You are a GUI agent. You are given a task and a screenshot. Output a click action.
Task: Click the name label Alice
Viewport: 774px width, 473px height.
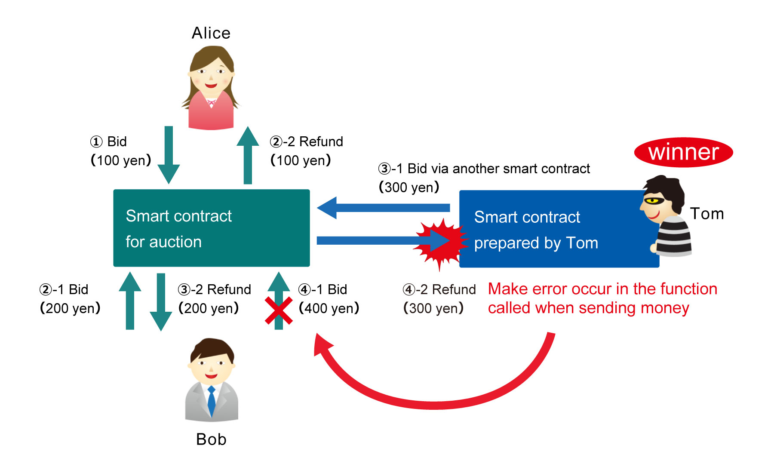(x=211, y=33)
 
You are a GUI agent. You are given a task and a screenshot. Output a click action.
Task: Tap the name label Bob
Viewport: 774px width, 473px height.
(x=211, y=439)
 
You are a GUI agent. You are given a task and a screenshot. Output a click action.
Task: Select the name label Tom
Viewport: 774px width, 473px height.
(x=706, y=214)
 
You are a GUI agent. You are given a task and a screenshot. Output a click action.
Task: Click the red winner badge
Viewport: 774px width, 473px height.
(x=683, y=152)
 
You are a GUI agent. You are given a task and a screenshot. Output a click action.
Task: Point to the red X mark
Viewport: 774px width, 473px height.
(x=279, y=310)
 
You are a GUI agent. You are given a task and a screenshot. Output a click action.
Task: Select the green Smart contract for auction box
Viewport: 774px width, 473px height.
(x=211, y=228)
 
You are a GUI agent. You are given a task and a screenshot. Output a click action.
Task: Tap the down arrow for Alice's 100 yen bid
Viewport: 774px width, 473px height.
(x=169, y=155)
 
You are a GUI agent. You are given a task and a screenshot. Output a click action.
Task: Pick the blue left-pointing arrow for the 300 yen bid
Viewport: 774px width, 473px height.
(x=383, y=208)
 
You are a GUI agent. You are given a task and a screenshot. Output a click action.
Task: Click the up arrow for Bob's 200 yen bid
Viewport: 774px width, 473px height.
(x=130, y=301)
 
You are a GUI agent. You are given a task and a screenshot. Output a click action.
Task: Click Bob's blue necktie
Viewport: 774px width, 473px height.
(x=212, y=400)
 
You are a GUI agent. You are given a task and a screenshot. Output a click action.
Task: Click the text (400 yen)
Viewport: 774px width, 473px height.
(x=329, y=308)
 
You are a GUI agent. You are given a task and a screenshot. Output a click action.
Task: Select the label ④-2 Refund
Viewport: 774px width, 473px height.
(x=439, y=289)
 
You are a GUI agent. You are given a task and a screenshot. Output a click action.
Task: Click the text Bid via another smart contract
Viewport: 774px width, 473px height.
(x=498, y=169)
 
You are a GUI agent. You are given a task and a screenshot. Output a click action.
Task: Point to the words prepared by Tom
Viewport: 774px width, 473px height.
(x=536, y=243)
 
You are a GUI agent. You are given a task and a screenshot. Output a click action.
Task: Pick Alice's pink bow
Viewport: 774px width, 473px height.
(x=211, y=103)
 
